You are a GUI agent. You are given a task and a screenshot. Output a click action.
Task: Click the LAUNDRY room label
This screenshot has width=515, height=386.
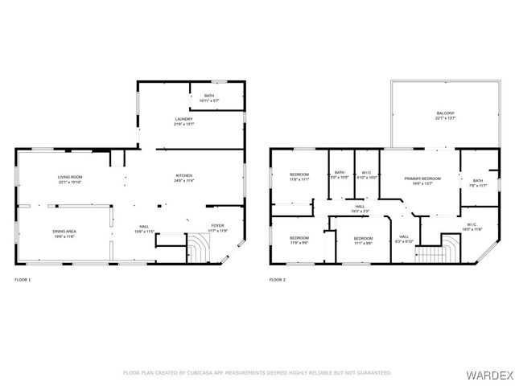click(x=183, y=119)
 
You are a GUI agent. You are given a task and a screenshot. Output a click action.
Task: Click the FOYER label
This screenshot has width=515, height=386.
click(x=218, y=225)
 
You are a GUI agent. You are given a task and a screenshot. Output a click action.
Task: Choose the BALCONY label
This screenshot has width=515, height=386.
click(x=445, y=113)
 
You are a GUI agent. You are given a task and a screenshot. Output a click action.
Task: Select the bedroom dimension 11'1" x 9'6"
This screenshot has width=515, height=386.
click(x=363, y=242)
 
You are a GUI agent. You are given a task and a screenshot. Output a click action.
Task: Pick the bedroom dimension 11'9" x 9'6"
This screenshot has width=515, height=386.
click(x=299, y=242)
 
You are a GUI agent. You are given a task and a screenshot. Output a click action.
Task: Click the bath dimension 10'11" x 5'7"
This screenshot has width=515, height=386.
click(x=208, y=101)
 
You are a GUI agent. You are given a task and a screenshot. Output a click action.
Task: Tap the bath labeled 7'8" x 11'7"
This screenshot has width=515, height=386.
click(x=478, y=186)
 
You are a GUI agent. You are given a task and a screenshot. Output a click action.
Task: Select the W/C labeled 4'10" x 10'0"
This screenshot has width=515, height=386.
click(x=367, y=177)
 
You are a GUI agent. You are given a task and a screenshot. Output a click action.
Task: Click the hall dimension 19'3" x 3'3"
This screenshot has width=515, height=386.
click(x=360, y=211)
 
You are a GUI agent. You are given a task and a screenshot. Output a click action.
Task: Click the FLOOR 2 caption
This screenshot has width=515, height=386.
click(x=277, y=280)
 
